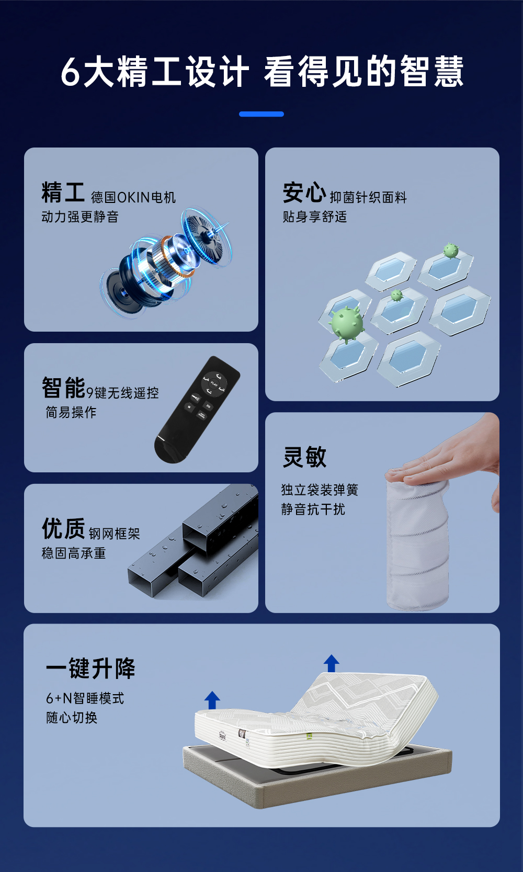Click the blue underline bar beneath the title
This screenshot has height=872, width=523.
[261, 114]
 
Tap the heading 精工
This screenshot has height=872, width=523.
[63, 192]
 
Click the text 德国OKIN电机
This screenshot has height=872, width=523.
[133, 197]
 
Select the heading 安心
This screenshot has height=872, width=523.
[304, 192]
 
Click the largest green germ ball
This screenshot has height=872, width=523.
[347, 324]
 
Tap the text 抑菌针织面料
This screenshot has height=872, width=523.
[368, 197]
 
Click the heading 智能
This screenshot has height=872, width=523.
[63, 387]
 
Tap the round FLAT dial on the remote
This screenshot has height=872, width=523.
[214, 383]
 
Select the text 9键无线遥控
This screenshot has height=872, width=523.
[122, 393]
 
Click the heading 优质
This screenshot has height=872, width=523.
[63, 528]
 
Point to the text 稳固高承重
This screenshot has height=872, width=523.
[74, 553]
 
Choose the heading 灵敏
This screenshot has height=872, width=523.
[304, 457]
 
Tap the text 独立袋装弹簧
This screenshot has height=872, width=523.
[320, 490]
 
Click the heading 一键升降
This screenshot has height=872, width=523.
[90, 669]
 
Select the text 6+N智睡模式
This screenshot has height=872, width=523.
[85, 698]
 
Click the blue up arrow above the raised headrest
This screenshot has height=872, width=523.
[331, 663]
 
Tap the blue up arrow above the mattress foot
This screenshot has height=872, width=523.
[212, 700]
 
